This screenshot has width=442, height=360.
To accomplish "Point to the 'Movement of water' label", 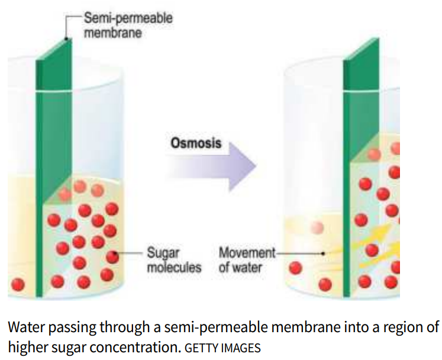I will point(246,260).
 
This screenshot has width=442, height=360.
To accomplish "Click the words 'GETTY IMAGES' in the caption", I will point(222,348).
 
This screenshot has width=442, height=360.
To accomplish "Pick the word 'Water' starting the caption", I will point(23,327).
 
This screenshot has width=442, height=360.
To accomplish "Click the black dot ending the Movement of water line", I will point(322,253).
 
